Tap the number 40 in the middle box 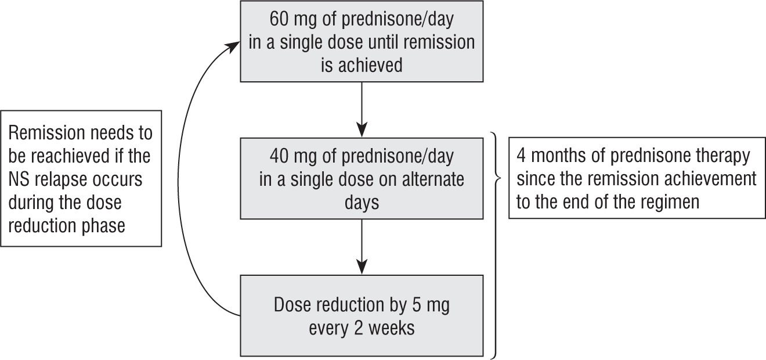(280, 157)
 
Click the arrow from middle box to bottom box (362, 246)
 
